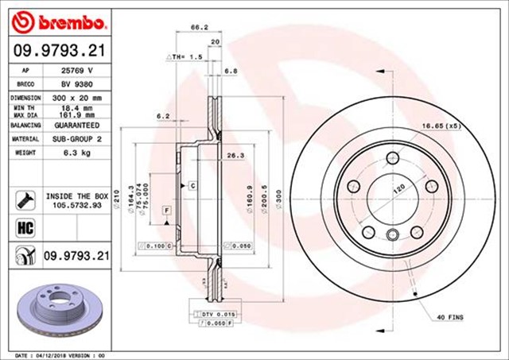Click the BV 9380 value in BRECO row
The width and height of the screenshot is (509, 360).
coord(76,83)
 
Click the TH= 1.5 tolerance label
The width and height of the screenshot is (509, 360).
coord(185,58)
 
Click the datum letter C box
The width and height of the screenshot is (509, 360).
coord(192,185)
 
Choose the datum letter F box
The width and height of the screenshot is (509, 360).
coord(167,209)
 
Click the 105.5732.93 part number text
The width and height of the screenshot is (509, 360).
coord(76,204)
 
